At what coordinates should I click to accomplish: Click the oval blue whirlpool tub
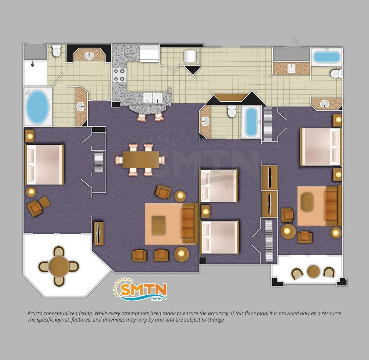(38, 107)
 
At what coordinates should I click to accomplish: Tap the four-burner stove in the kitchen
(119, 75)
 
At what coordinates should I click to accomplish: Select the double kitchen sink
(153, 98)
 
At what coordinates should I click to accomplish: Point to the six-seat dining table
(140, 160)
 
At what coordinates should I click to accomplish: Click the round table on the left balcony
(59, 266)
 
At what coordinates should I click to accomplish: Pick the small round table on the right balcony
(313, 271)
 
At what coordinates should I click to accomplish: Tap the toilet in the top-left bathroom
(56, 50)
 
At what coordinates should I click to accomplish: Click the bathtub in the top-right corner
(327, 57)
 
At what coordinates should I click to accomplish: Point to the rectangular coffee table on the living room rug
(159, 225)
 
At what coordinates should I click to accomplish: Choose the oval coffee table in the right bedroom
(307, 202)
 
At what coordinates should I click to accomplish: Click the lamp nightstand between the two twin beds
(206, 211)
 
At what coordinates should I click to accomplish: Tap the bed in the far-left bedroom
(44, 165)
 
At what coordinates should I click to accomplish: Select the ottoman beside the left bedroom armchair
(44, 202)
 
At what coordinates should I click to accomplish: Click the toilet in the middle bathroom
(232, 111)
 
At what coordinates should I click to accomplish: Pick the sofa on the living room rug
(190, 223)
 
